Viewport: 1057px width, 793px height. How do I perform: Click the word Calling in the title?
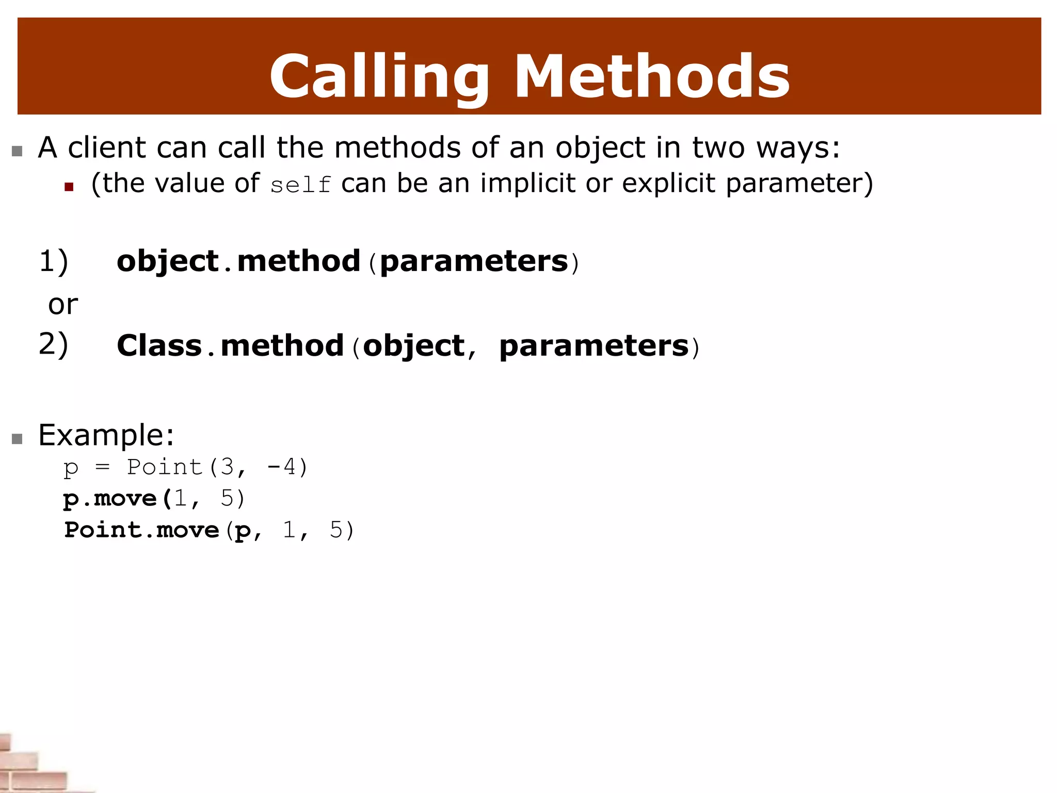click(378, 77)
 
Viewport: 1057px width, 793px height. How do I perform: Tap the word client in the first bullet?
click(107, 148)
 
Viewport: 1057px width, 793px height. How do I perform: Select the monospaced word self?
click(300, 185)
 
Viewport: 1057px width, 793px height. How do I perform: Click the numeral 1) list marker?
click(54, 261)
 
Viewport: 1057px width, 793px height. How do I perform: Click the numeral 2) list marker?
click(54, 344)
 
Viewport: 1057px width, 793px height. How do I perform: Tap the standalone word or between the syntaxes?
click(63, 305)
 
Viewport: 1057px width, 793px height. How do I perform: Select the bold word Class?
click(159, 345)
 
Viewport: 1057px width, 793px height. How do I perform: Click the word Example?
click(106, 435)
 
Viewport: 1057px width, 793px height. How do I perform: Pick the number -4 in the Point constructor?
click(282, 468)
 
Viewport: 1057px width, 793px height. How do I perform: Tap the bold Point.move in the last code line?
click(141, 530)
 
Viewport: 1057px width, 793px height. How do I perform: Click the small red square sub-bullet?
click(69, 187)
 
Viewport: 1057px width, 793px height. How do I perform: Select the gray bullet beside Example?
click(17, 439)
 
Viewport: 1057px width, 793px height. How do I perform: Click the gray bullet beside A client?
click(17, 151)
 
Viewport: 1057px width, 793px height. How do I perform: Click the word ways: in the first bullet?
click(798, 148)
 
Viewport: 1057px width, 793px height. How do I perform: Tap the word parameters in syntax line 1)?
click(474, 261)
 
